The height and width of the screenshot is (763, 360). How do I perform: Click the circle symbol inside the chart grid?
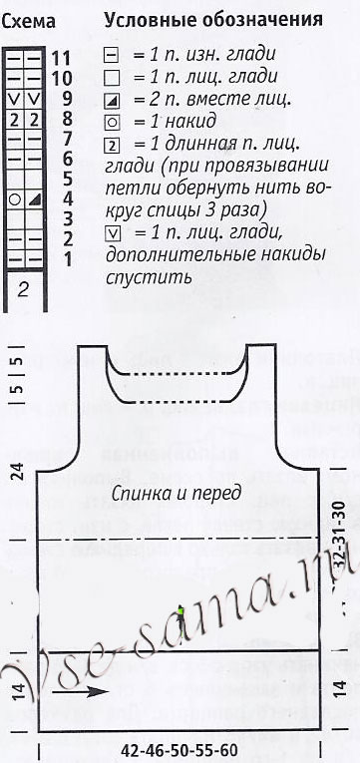pos(14,199)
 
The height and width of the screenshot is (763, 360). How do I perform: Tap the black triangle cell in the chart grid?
pos(35,199)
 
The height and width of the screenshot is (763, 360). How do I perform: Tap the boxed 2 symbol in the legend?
pos(112,143)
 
